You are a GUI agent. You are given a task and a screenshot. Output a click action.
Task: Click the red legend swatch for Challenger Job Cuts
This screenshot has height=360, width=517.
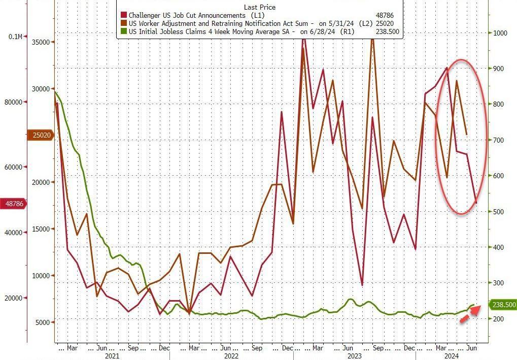123,16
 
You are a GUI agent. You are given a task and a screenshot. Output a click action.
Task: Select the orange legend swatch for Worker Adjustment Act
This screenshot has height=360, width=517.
123,23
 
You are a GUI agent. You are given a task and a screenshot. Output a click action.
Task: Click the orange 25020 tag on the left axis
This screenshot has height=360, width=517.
40,136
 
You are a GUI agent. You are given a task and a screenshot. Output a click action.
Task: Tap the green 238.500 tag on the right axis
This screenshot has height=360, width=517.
503,305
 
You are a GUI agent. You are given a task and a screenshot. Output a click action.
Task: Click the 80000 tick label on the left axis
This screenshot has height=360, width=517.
14,102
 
